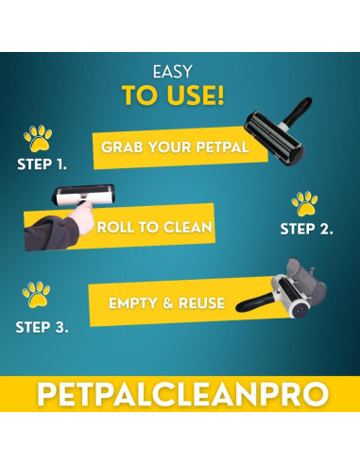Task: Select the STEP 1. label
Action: [42, 164]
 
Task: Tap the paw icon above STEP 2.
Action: [304, 202]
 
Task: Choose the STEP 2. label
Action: [307, 229]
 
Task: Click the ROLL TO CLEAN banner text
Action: [153, 228]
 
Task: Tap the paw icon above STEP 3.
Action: [37, 294]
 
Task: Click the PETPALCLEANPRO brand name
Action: [180, 393]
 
